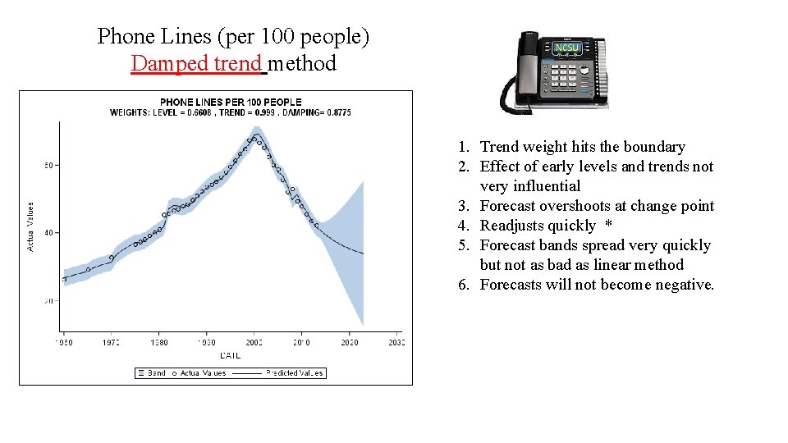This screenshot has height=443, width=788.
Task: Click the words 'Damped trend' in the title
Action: pyautogui.click(x=196, y=63)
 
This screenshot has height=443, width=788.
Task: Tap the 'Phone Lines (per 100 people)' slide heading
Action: pyautogui.click(x=233, y=36)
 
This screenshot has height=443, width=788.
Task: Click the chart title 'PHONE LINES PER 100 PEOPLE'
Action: pyautogui.click(x=230, y=103)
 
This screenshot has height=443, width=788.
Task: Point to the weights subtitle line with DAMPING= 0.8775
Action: pyautogui.click(x=230, y=112)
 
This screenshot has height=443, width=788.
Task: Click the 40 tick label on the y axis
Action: pyautogui.click(x=48, y=233)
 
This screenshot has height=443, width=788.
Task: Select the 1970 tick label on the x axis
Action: pyautogui.click(x=112, y=343)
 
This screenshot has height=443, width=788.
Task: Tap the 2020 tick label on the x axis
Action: pyautogui.click(x=349, y=343)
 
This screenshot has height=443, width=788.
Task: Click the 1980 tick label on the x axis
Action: pyautogui.click(x=159, y=343)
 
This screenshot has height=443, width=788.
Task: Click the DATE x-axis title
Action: pyautogui.click(x=230, y=354)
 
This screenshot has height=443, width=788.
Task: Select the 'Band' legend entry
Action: pyautogui.click(x=152, y=373)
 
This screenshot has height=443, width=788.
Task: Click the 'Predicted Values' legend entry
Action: pyautogui.click(x=294, y=373)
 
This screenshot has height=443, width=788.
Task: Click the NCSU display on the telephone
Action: pyautogui.click(x=567, y=48)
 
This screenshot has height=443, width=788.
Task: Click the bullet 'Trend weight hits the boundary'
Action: pyautogui.click(x=582, y=147)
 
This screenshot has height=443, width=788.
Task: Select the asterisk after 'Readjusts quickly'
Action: pyautogui.click(x=608, y=226)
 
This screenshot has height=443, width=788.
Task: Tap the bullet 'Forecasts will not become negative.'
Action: pyautogui.click(x=597, y=285)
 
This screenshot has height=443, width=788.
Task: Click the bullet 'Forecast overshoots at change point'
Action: pyautogui.click(x=597, y=206)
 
